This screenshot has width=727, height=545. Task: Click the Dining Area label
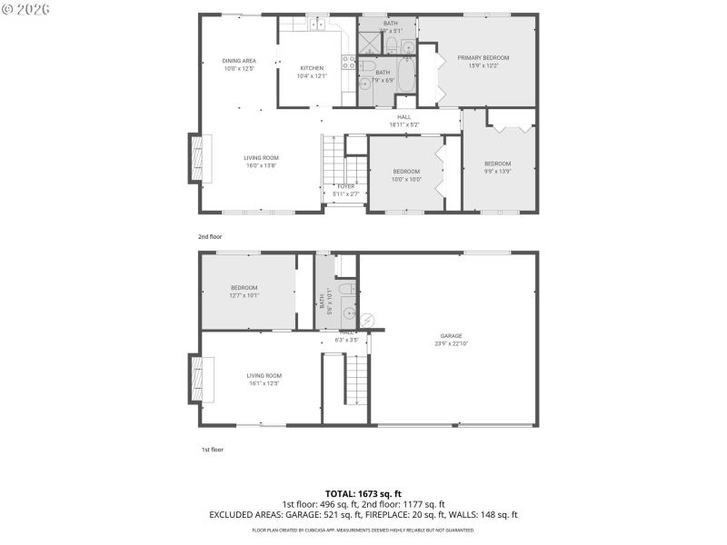[x=239, y=61]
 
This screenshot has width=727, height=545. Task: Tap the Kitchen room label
[x=313, y=68]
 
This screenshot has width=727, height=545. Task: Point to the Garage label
[x=452, y=335]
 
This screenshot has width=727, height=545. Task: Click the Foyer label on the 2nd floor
[x=345, y=186]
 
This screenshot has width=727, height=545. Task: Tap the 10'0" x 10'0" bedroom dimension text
[x=406, y=179]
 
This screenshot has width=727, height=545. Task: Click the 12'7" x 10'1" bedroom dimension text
[x=244, y=295]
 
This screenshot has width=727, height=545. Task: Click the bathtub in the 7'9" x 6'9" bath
[x=406, y=76]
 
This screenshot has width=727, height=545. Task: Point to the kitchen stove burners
[x=347, y=62]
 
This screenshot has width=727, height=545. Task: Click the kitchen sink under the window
[x=317, y=25]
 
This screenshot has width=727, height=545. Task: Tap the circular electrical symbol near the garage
[x=368, y=320]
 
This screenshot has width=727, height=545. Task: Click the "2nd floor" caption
[x=210, y=236]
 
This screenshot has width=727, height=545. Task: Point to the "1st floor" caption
[x=212, y=450]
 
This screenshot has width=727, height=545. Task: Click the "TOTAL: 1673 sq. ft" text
[x=363, y=493]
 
